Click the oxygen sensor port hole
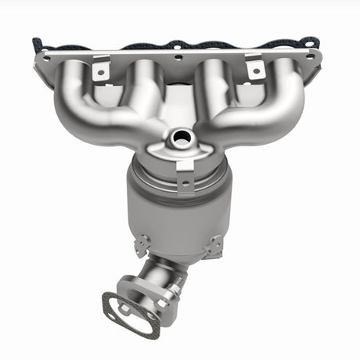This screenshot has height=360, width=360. coord(181,139)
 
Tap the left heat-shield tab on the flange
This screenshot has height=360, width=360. coord(99,70)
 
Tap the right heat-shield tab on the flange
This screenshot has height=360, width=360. coord(254,69)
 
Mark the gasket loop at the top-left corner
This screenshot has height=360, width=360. coord(38,43)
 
